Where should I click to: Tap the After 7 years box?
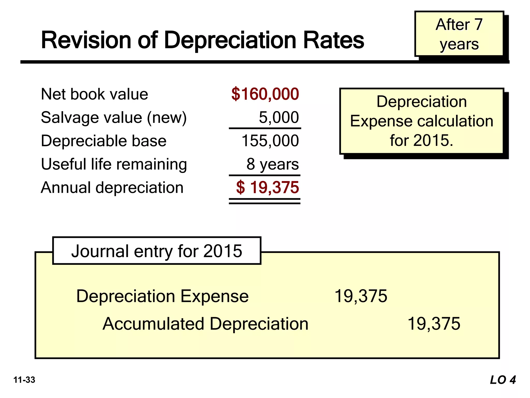coord(459,34)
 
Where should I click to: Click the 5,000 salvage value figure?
coord(279,117)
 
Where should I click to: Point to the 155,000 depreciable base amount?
coord(270,141)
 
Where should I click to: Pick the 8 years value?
coord(273,164)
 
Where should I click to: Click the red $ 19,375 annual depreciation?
coord(267,187)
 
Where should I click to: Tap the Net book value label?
coord(94,94)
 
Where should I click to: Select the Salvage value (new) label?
coord(114,118)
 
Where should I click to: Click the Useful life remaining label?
coord(114,164)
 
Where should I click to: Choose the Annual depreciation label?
coord(112,188)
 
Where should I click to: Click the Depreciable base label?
coord(104,141)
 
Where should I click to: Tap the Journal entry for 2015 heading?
coord(157,251)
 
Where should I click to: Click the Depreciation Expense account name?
coord(162,296)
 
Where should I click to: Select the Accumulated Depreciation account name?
coord(205,324)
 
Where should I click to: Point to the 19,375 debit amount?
coord(361,296)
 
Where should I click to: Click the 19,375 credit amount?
coord(434,324)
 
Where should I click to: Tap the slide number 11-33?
coord(24,380)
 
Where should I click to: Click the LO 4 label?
coord(503,380)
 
